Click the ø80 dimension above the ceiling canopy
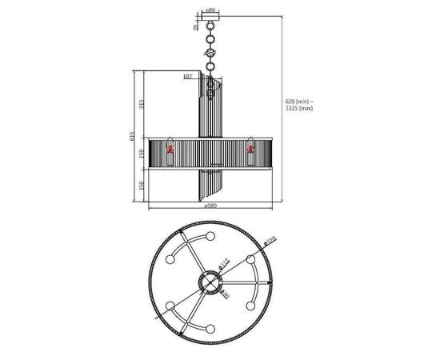pos(210,10)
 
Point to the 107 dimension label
pos(187,77)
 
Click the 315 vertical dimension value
pos(142,104)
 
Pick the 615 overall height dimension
pos(133,136)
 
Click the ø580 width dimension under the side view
pos(210,206)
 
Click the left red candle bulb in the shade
pos(170,149)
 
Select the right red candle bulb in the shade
pos(250,148)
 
